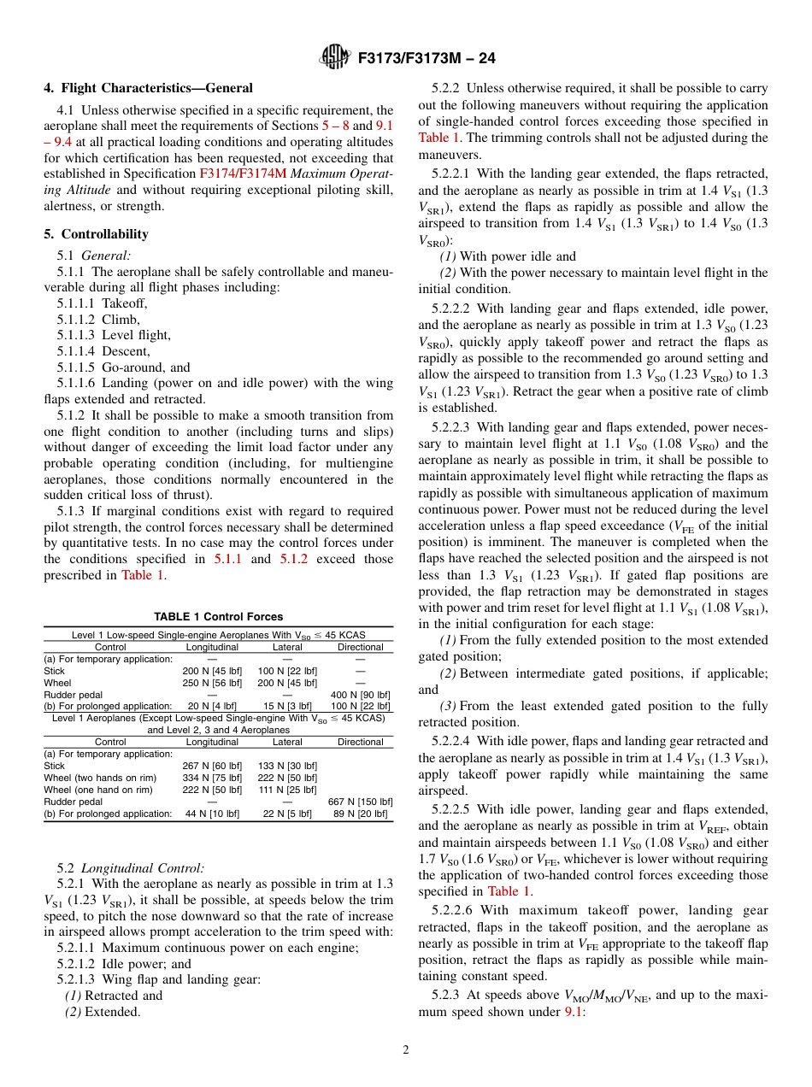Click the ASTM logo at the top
(333, 57)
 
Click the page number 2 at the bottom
(406, 1050)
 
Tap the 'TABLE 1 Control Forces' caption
(218, 616)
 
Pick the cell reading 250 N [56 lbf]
(212, 683)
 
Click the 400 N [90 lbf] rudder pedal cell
(360, 695)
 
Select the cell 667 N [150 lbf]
(360, 802)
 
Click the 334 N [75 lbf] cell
(212, 778)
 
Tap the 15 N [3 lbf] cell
(287, 707)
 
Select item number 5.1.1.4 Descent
(103, 351)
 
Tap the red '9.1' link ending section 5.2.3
(574, 1012)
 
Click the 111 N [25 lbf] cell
(287, 790)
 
